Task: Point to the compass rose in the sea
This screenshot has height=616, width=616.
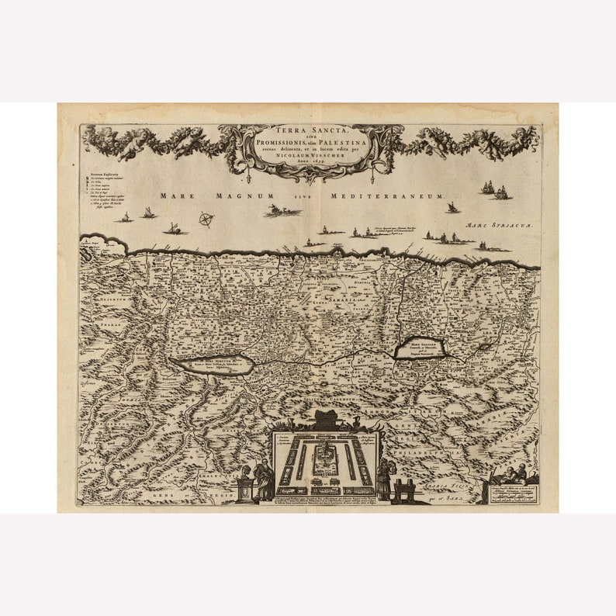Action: [206, 220]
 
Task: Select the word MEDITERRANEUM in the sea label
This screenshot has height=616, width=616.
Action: [387, 197]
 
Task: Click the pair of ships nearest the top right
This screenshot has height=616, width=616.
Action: [494, 189]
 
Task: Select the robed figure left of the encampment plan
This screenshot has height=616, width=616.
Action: [264, 481]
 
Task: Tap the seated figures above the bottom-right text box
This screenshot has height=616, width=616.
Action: [512, 474]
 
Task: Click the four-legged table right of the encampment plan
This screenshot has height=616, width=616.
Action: [404, 490]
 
